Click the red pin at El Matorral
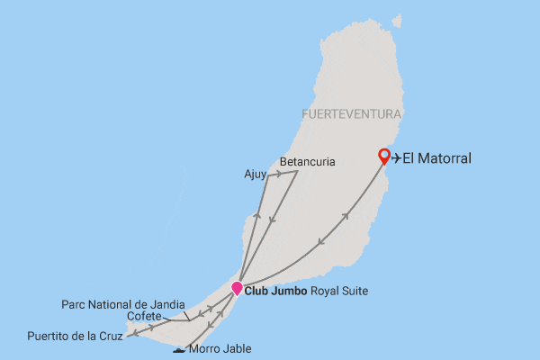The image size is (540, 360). [384, 156]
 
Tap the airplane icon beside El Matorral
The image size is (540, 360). [396, 158]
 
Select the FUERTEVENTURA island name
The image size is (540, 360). [351, 115]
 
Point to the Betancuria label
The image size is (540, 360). [307, 163]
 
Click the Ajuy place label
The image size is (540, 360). [255, 175]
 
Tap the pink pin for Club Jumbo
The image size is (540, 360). [238, 288]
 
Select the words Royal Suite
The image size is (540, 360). [337, 291]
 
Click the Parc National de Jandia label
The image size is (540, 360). [123, 304]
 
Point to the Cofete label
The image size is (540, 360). [144, 316]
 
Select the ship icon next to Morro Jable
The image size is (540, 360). [180, 349]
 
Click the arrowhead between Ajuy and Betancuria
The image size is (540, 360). [279, 172]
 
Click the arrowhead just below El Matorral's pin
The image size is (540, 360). [347, 217]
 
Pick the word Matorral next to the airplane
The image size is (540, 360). [451, 158]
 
